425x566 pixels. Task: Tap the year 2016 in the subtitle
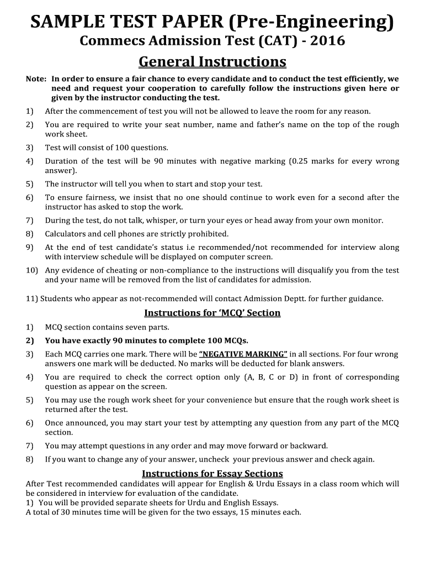click(x=328, y=41)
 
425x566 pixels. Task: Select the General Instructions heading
click(x=212, y=61)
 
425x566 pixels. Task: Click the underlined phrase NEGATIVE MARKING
click(x=243, y=354)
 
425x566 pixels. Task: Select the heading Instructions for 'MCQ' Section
click(x=212, y=313)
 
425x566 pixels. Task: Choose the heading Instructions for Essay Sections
click(x=212, y=474)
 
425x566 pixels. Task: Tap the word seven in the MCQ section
click(x=126, y=327)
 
